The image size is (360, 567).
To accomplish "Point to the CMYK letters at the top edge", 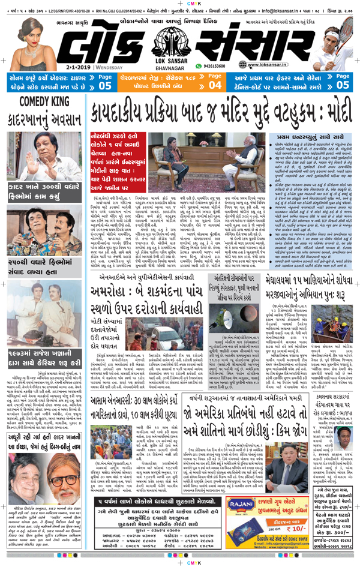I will (x=180, y=3).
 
